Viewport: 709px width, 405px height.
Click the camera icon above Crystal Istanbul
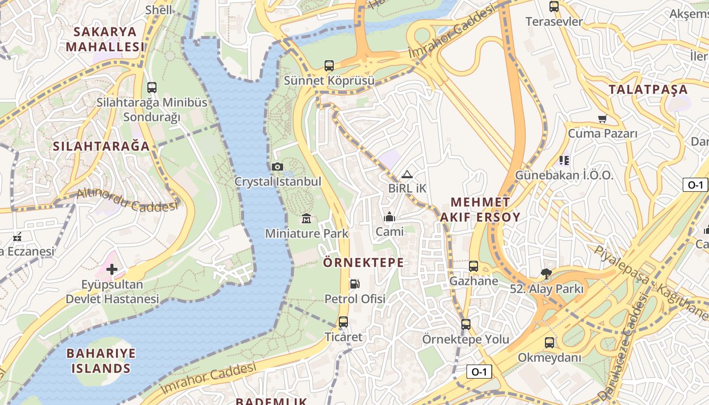pos(277,167)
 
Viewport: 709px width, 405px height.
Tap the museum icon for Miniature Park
pos(306,219)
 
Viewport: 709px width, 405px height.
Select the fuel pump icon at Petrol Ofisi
pos(356,284)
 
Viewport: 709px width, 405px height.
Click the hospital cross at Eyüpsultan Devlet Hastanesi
pos(112,269)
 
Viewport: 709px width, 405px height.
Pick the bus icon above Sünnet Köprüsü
pos(329,65)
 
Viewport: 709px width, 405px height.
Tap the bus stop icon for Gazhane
pos(474,266)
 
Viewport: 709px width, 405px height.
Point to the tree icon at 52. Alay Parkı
pos(546,274)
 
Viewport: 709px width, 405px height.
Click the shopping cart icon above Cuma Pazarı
pos(602,118)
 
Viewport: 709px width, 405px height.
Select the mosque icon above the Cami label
pos(389,217)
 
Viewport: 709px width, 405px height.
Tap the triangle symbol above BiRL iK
pos(407,174)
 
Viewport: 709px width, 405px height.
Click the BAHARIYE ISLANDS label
pos(101,360)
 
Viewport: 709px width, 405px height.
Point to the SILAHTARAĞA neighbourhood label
pos(101,146)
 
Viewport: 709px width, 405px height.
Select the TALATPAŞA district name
pos(648,90)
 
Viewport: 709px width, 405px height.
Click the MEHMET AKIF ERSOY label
pos(480,210)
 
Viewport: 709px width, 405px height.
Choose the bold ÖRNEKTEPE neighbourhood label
pos(364,262)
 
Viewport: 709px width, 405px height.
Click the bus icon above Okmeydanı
pos(549,343)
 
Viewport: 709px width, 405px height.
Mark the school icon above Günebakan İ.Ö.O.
pos(564,160)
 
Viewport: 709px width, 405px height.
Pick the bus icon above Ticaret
pos(343,322)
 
